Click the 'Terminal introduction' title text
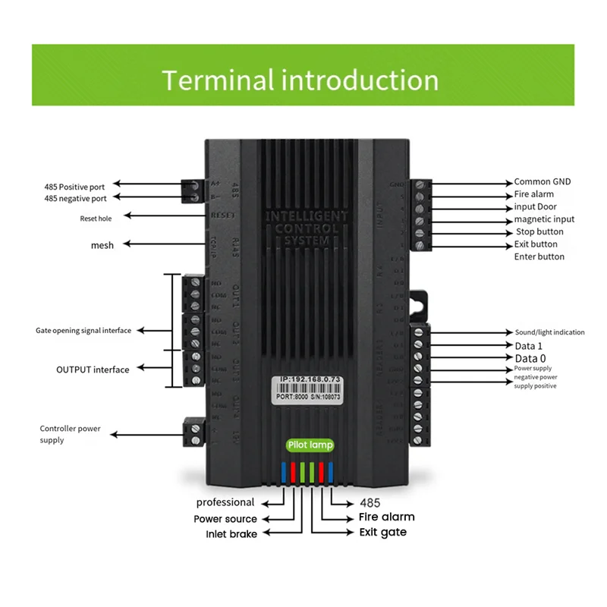coord(300,80)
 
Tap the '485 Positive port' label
coord(75,185)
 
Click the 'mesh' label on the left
coord(102,244)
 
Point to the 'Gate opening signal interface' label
coord(83,330)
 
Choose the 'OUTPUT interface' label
coord(93,370)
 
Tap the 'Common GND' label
coord(542,182)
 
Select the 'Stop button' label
coord(539,231)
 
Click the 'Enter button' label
coord(539,256)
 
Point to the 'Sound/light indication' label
coord(549,332)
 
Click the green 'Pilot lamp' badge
coord(310,445)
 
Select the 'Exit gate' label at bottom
coord(382,532)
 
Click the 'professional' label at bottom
coord(225,502)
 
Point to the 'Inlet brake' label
coord(231,533)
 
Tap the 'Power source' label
coord(225,519)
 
